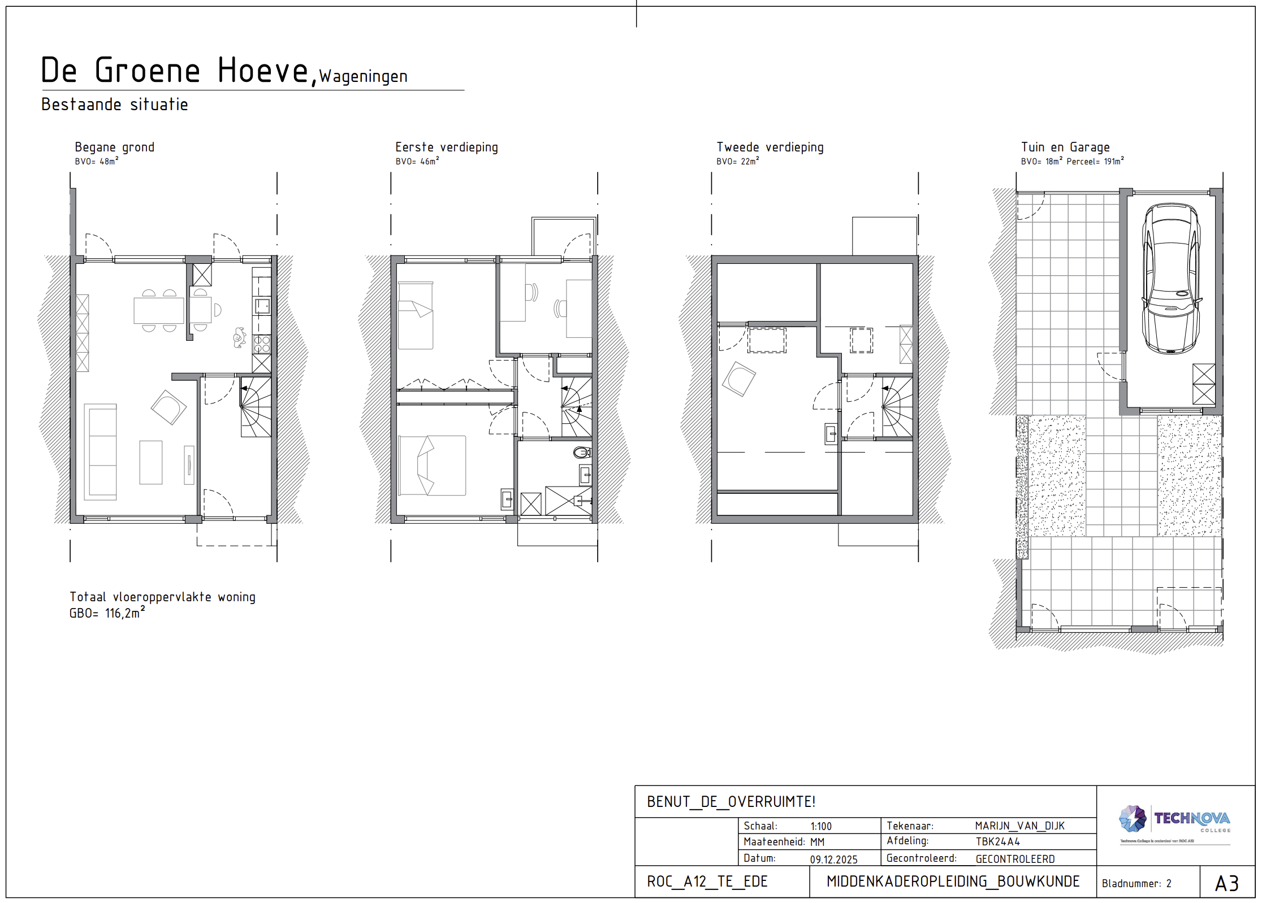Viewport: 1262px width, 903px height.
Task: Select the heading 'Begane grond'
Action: point(114,147)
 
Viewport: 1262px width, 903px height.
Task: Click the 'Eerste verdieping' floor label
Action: point(446,147)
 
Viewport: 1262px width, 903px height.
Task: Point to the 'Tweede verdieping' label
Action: point(770,147)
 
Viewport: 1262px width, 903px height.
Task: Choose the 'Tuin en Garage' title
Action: point(1065,147)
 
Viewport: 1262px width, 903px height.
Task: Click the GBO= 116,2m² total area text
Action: point(107,613)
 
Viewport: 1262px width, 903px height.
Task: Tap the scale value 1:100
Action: point(820,826)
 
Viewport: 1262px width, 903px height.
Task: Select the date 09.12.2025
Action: point(833,859)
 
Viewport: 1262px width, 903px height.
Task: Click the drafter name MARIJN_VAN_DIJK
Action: point(1019,826)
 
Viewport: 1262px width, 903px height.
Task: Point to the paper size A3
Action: point(1226,883)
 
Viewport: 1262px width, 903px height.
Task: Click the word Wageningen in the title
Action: point(363,76)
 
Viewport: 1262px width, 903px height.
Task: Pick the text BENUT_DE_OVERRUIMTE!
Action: point(731,802)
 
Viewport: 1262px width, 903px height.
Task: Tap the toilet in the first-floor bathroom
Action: point(582,452)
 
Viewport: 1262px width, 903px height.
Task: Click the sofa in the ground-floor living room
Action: point(101,451)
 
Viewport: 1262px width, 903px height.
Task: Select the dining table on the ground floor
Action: point(158,310)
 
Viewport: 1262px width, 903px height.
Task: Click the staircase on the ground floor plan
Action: point(256,407)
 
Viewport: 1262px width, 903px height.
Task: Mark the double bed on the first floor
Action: point(432,465)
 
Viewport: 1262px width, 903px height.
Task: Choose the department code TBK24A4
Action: point(997,842)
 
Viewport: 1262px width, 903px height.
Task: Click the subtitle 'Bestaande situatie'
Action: point(114,105)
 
